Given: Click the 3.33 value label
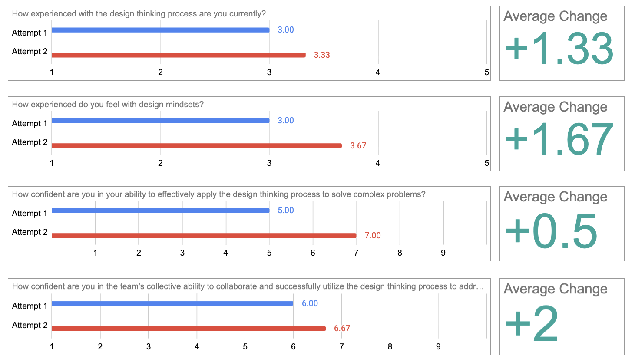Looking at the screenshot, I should [322, 55].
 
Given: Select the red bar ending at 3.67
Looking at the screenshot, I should [196, 146].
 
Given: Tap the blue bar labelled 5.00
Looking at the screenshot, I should [160, 211].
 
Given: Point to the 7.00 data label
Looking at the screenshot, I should [373, 236].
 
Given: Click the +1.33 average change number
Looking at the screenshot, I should [559, 49].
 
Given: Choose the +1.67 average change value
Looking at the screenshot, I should [559, 139].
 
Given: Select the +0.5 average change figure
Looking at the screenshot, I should [552, 231].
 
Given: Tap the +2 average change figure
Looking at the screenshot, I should [532, 323].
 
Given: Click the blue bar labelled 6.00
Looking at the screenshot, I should [172, 303].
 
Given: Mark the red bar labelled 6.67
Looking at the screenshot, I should [189, 329].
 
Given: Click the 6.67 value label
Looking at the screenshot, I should [342, 329].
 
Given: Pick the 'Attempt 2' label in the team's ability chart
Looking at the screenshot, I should [30, 325].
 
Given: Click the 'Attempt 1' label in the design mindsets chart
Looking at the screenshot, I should [30, 124].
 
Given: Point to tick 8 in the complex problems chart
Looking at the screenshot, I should [400, 253].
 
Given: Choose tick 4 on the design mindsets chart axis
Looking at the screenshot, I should [378, 163].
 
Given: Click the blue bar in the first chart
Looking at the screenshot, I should [160, 30].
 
